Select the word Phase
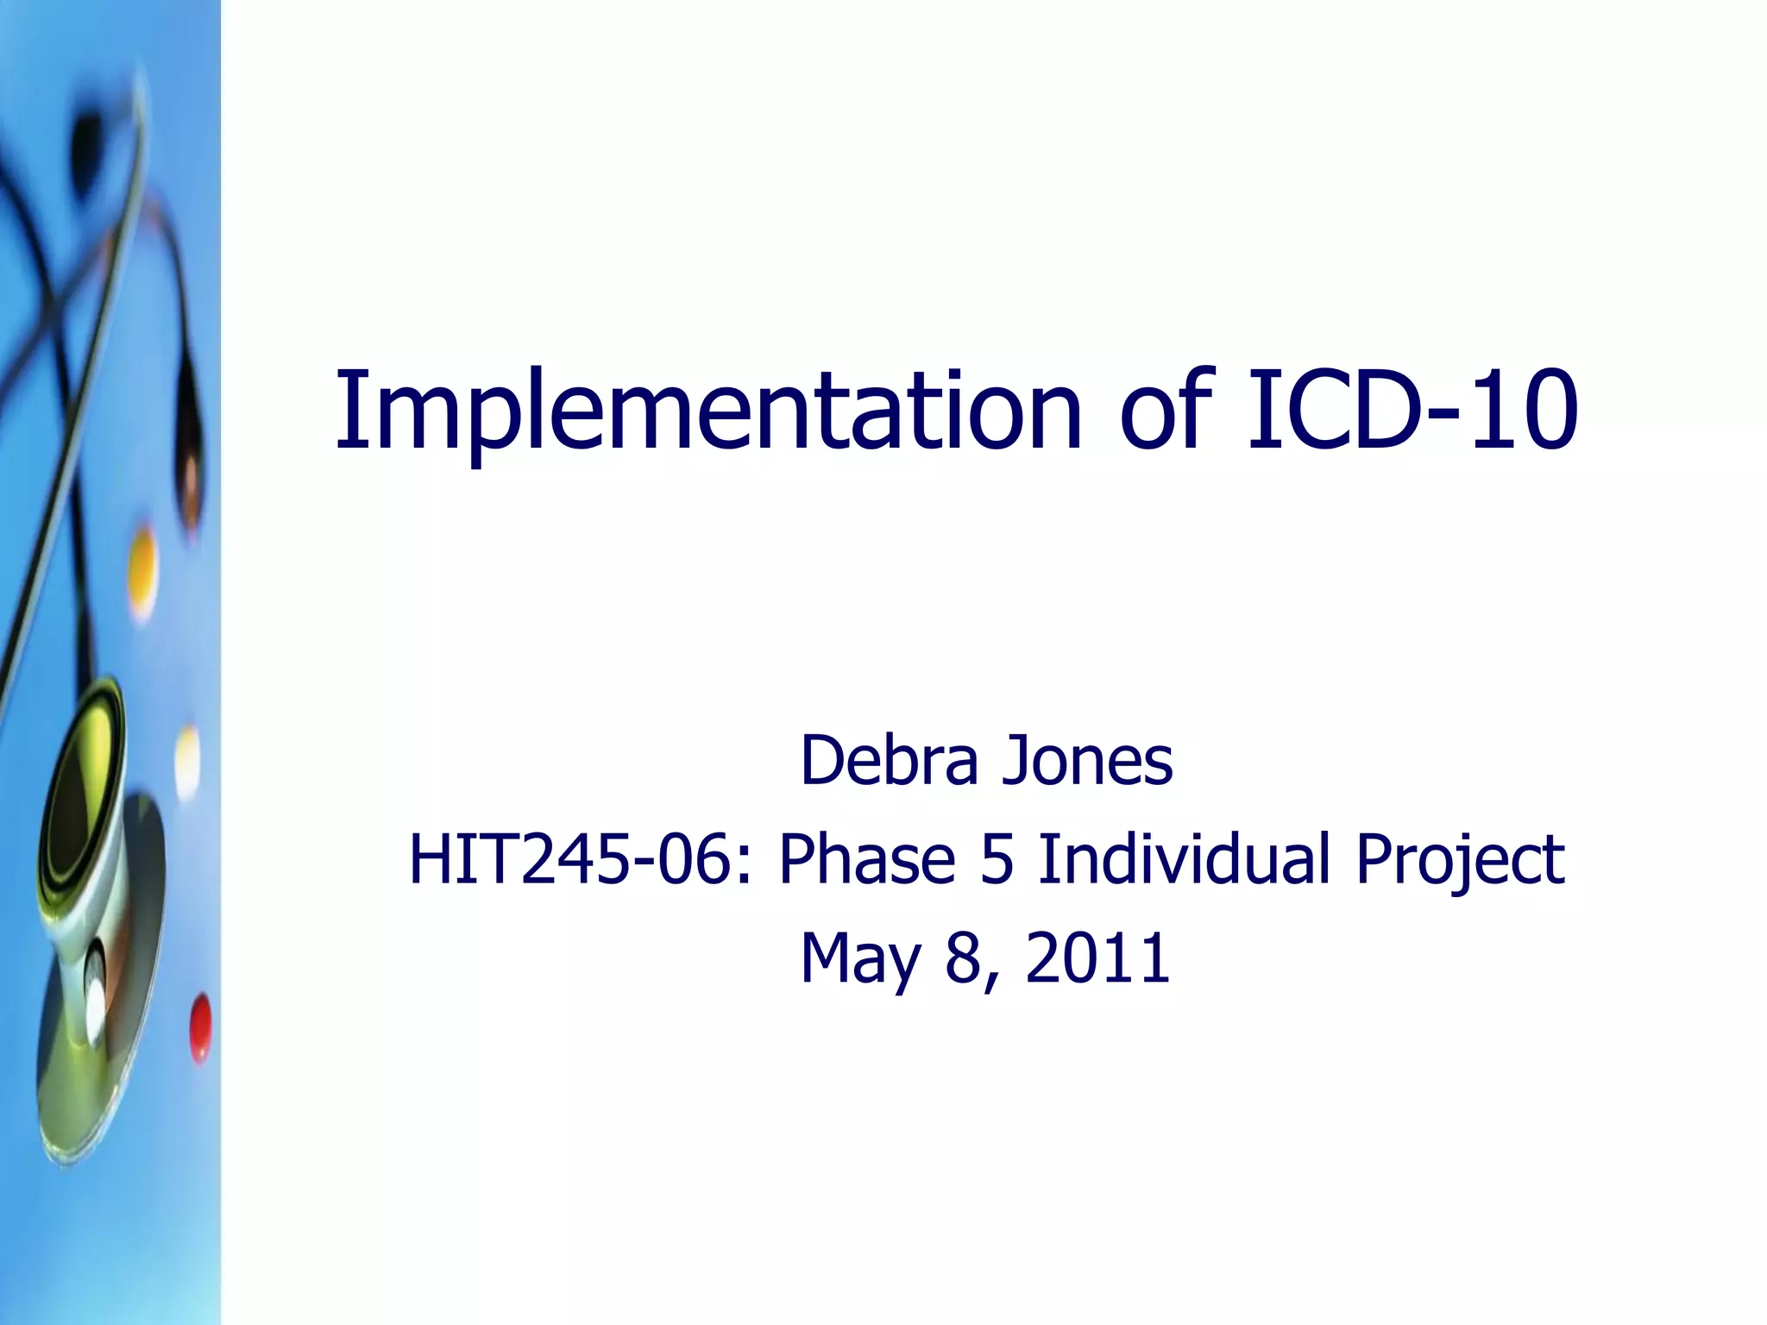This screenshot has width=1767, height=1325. coord(866,859)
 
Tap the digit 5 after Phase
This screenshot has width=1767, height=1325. coord(996,859)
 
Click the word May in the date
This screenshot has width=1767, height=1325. coord(859,959)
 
